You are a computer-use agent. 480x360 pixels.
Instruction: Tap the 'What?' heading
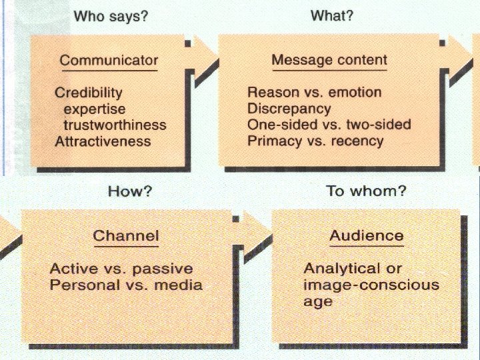331,15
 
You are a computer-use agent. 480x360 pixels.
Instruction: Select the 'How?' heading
130,191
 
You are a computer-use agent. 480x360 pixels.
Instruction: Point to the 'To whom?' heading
366,191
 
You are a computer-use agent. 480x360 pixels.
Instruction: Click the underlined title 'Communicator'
108,61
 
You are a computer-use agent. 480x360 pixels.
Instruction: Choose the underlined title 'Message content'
329,60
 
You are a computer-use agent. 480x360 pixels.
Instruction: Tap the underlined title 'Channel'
126,235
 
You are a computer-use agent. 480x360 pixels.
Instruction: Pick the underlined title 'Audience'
367,235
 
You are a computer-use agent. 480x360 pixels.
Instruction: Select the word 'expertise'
94,109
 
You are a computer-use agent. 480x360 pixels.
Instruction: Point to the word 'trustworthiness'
115,125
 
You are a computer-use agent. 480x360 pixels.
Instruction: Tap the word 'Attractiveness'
103,141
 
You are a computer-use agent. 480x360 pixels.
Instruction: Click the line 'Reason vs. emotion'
314,92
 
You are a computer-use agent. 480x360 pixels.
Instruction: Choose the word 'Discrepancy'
289,108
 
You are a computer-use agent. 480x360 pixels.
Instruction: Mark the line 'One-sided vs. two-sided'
329,124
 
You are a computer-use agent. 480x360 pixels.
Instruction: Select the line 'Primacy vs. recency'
315,141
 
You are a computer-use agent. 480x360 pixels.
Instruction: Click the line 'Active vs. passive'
121,269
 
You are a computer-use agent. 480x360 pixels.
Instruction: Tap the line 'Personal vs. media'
126,285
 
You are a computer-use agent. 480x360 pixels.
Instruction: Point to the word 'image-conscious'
371,285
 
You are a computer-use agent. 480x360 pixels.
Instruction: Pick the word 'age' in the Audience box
318,301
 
